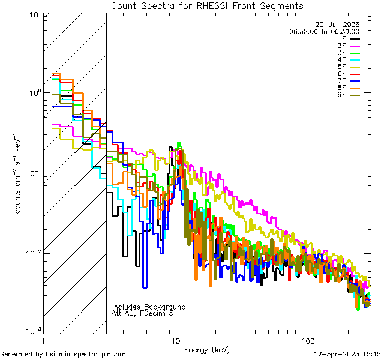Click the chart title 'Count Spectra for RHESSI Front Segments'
(x=207, y=5)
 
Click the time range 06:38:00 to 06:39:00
(x=324, y=31)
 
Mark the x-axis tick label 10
(x=176, y=340)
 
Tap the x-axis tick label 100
(x=307, y=340)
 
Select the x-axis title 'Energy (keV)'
(x=207, y=349)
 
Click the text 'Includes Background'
(x=149, y=307)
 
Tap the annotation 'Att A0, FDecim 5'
(x=143, y=313)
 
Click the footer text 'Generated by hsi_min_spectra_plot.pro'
(x=63, y=355)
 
